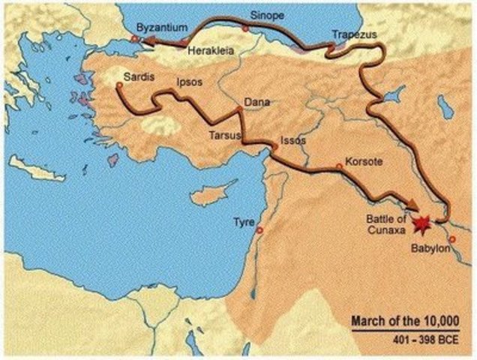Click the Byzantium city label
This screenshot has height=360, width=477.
161,27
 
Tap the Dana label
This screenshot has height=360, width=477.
257,102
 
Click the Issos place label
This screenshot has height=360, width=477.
292,140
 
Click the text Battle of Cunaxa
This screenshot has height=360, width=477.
385,223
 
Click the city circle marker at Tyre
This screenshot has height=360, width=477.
260,230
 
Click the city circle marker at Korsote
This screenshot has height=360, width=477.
340,166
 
